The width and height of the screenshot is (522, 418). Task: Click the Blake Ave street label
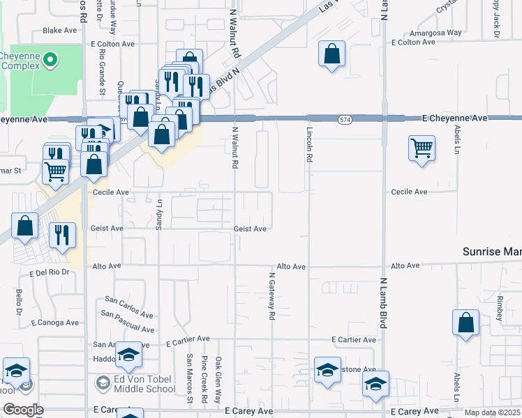click(x=60, y=31)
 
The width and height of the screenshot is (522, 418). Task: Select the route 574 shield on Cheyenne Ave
click(x=345, y=120)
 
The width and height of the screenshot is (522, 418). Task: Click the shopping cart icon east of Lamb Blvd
click(x=422, y=148)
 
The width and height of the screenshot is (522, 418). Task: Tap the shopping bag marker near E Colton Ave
click(x=332, y=53)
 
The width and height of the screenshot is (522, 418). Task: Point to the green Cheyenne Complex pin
click(x=50, y=60)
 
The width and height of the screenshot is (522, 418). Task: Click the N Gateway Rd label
click(x=271, y=297)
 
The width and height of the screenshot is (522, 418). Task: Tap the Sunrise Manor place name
click(x=493, y=251)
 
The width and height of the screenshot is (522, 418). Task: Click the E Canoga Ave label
click(x=55, y=323)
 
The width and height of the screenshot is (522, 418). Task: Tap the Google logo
click(x=23, y=410)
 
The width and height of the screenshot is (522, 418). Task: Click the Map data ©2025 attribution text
click(x=493, y=412)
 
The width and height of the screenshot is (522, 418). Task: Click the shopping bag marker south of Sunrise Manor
click(x=465, y=323)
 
